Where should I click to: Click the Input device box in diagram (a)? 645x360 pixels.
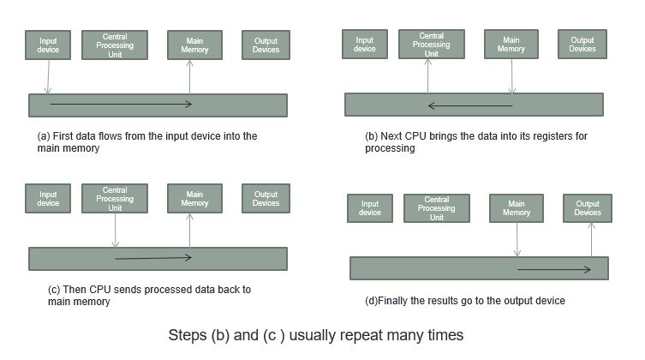pos(48,45)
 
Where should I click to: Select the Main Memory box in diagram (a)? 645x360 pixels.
pos(194,45)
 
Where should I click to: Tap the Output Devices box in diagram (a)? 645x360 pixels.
pos(266,45)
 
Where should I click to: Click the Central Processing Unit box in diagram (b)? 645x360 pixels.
pos(432,44)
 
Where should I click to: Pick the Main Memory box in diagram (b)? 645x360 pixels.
pos(511,44)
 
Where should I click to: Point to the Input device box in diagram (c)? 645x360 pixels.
pos(48,198)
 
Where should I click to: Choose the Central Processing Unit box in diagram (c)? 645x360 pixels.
pos(115,198)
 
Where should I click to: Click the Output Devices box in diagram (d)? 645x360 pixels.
pos(588,208)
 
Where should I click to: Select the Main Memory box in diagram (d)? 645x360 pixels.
pos(517,208)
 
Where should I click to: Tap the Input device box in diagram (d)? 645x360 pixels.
pos(370,208)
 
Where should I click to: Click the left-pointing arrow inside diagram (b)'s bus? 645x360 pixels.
pos(470,105)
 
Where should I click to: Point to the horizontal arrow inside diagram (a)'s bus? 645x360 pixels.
pos(121,104)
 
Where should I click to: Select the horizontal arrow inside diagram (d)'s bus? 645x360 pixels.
pos(554,269)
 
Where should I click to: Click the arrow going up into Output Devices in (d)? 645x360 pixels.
pos(592,240)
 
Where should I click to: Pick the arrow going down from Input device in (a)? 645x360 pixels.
pos(48,76)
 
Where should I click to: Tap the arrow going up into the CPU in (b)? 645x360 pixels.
pos(427,75)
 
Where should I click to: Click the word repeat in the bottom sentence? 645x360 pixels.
pos(363,335)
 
